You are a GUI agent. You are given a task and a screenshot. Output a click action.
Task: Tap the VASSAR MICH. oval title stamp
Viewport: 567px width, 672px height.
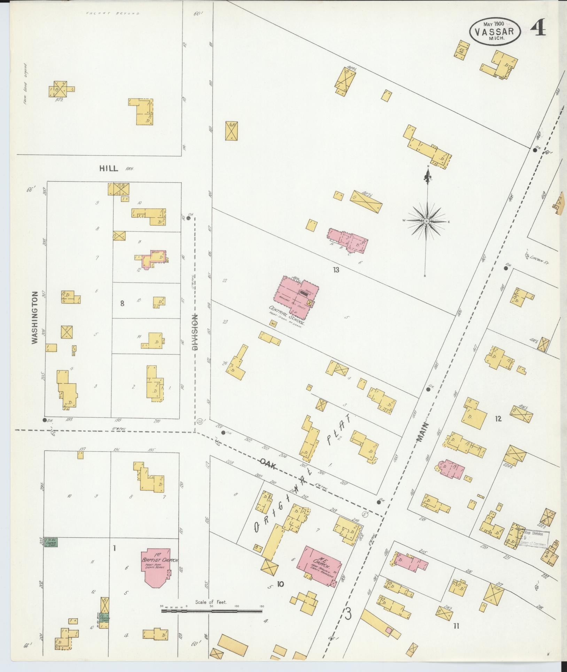[x=495, y=32]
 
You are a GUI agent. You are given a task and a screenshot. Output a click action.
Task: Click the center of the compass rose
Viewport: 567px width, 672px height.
[x=426, y=221]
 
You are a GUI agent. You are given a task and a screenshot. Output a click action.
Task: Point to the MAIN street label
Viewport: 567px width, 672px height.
[x=422, y=433]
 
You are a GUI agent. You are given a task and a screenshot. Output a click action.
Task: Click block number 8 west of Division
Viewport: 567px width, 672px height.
[x=122, y=303]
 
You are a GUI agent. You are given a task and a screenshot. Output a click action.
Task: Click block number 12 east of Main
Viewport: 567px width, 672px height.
[x=498, y=419]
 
